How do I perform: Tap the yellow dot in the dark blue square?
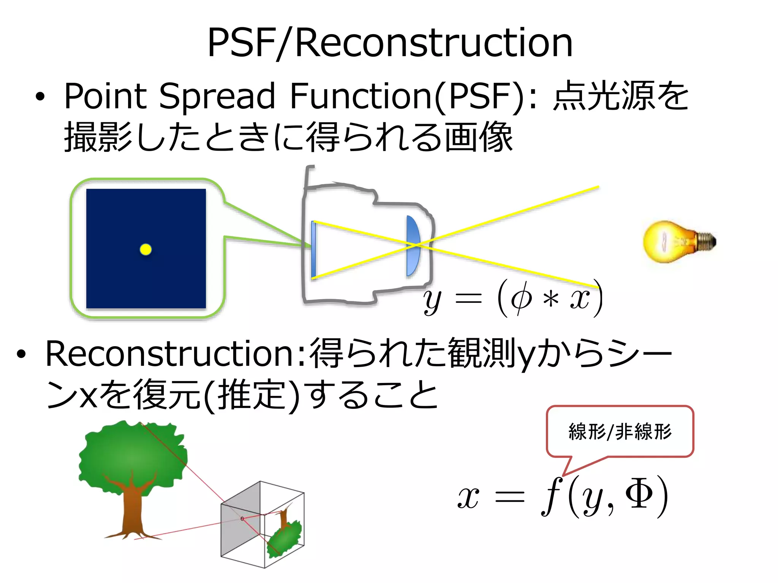(x=145, y=249)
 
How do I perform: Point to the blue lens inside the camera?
(x=413, y=246)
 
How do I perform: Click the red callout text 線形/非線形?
(x=620, y=432)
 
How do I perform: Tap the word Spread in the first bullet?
(x=217, y=96)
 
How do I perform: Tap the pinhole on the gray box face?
(x=242, y=518)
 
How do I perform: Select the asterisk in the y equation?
(x=550, y=300)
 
